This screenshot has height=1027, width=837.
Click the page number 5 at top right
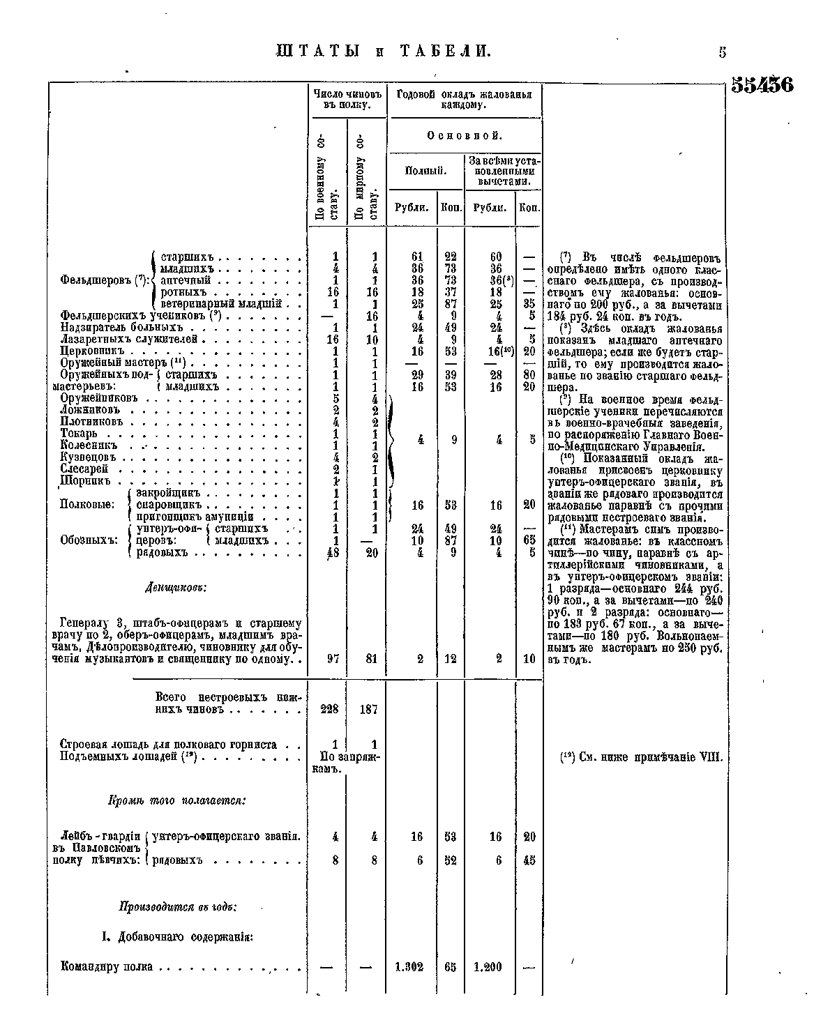click(723, 52)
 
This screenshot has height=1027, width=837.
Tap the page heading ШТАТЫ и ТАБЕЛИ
click(384, 52)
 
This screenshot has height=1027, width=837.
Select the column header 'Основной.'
click(465, 135)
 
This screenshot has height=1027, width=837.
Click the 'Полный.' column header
click(425, 171)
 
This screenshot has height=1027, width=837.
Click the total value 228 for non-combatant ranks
click(329, 709)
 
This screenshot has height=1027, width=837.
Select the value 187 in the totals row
click(368, 709)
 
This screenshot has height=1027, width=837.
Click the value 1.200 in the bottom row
click(488, 967)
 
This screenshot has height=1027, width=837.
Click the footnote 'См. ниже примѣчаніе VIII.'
click(642, 758)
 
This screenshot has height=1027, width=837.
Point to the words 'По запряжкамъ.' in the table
click(345, 762)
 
